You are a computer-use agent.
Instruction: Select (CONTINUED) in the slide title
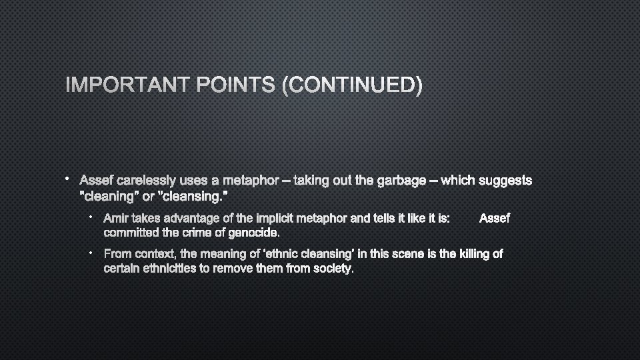[351, 85]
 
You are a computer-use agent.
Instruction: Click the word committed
[131, 233]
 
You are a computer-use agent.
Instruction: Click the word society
[331, 269]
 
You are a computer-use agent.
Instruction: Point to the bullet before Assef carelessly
[68, 179]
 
